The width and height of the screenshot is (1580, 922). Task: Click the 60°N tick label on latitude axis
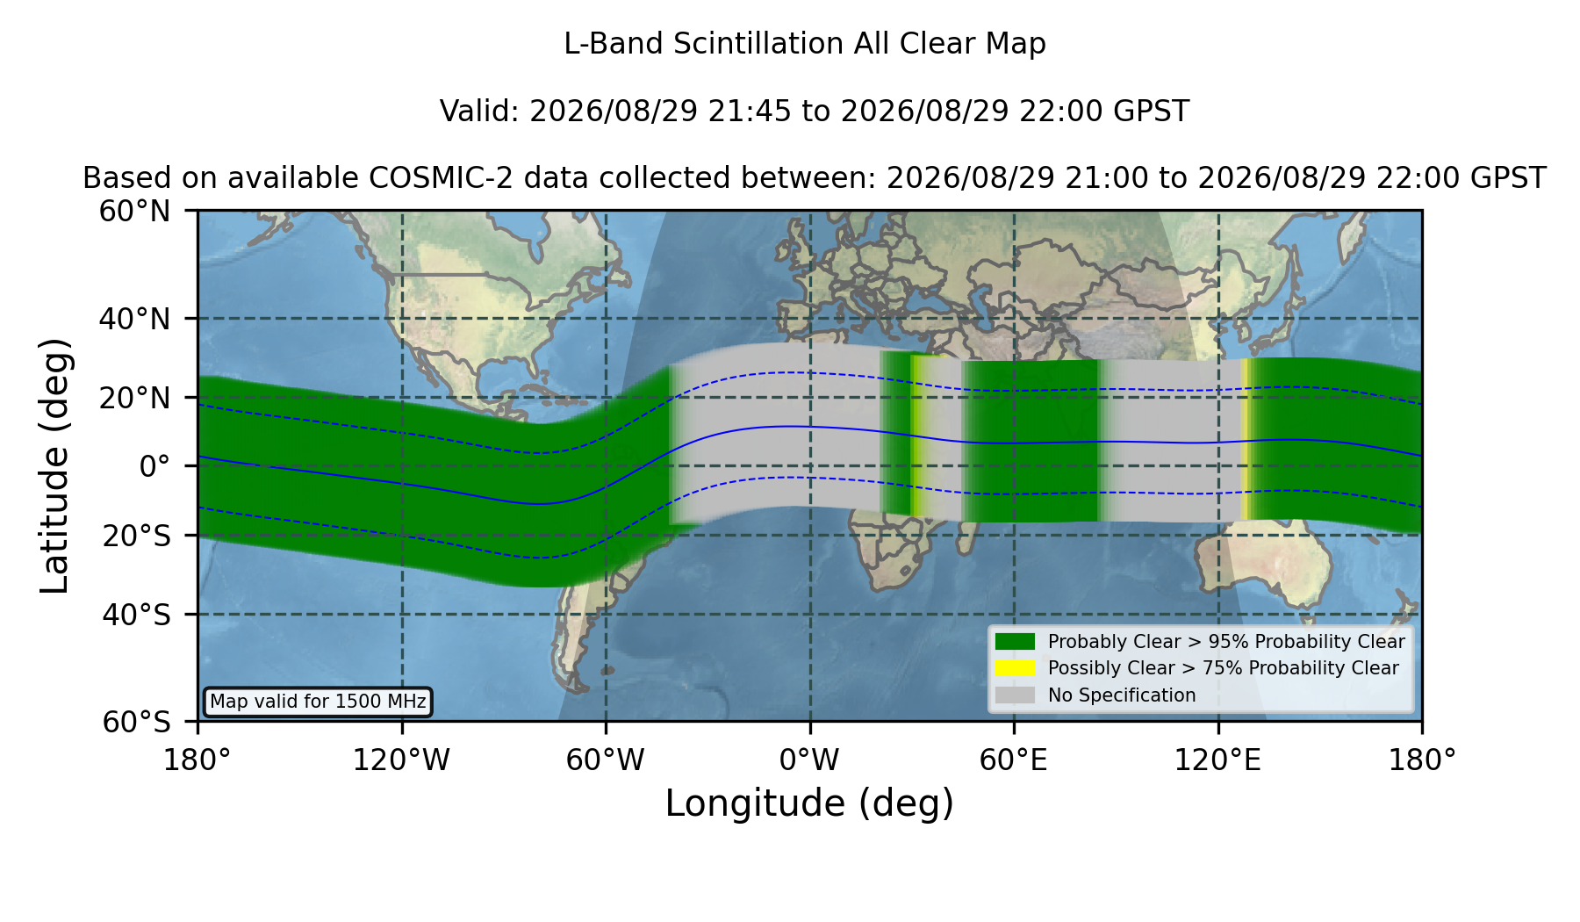click(134, 212)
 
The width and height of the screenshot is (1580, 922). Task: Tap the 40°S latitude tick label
click(136, 615)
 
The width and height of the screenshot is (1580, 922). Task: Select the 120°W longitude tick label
click(401, 760)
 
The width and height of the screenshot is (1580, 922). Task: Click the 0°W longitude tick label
click(809, 760)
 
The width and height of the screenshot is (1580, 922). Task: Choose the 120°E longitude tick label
click(1217, 760)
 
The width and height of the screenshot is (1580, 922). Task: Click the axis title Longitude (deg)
click(809, 803)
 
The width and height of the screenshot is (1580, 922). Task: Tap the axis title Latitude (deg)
click(54, 465)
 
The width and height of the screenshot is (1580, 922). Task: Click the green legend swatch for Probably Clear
click(1015, 642)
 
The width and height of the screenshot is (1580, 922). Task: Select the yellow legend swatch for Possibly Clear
click(1015, 668)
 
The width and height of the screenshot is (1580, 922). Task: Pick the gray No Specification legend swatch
click(1015, 695)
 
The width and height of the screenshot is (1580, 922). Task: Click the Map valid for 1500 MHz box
click(318, 702)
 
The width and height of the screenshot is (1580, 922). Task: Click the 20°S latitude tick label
click(136, 536)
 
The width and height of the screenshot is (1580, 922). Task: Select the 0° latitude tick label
click(154, 466)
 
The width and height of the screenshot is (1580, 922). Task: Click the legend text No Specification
click(1122, 695)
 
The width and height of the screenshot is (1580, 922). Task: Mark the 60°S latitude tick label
click(136, 722)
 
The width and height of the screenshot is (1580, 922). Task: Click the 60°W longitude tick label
click(605, 760)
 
